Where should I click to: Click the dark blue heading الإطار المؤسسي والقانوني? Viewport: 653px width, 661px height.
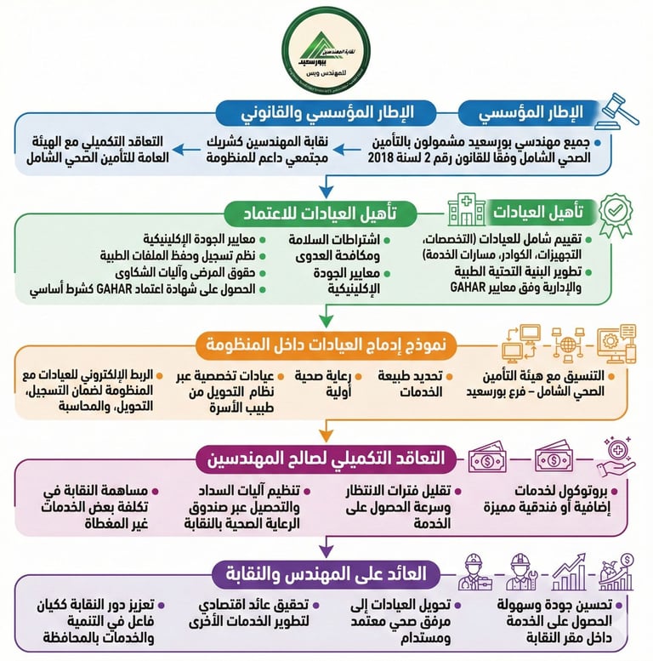pyautogui.click(x=326, y=111)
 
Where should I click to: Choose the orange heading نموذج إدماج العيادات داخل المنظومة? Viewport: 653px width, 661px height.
pyautogui.click(x=327, y=345)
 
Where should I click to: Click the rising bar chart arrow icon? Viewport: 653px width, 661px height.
pyautogui.click(x=569, y=572)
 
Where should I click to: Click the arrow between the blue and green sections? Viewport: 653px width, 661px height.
pyautogui.click(x=326, y=184)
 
